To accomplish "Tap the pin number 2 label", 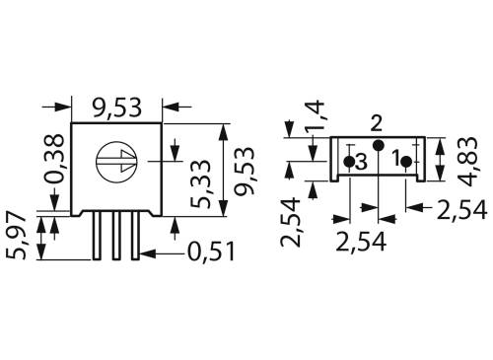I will tap(376, 123).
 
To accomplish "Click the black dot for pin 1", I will tap(406, 159).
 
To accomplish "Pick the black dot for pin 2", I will tap(377, 146).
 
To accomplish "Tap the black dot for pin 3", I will tap(349, 160).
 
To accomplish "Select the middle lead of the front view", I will tap(117, 235).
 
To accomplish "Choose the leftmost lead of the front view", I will tap(100, 235).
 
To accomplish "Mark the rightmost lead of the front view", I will tap(135, 235).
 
